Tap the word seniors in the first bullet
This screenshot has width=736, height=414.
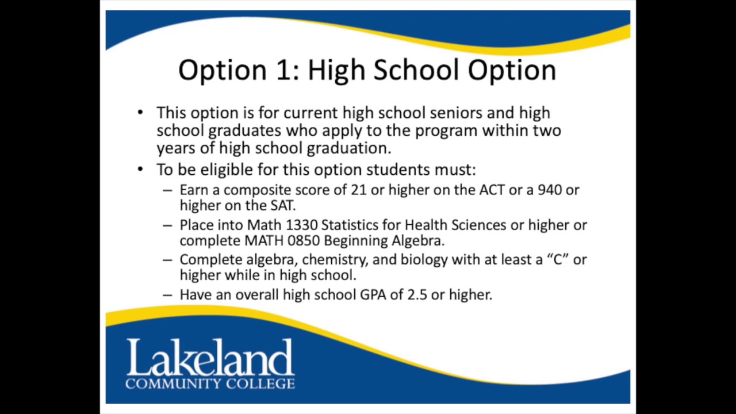pyautogui.click(x=461, y=113)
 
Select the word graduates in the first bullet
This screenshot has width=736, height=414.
pyautogui.click(x=244, y=131)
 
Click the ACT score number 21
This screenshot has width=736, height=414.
pyautogui.click(x=358, y=190)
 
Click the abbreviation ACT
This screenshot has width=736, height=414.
pyautogui.click(x=492, y=190)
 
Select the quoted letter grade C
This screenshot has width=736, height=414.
pyautogui.click(x=557, y=260)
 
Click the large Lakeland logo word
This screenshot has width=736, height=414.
pyautogui.click(x=210, y=358)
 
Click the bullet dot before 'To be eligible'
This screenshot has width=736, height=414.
pyautogui.click(x=141, y=170)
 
